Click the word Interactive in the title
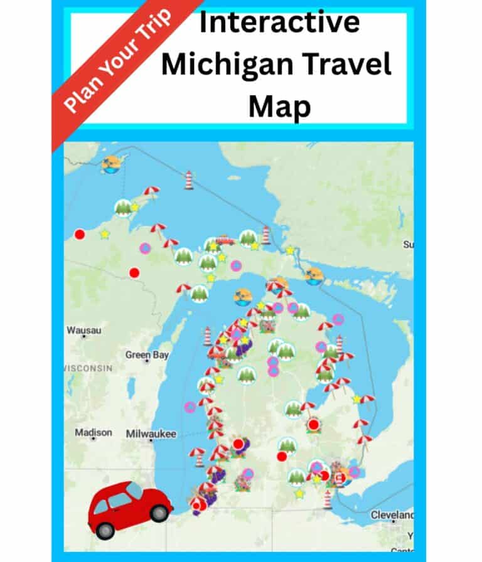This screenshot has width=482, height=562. (279, 23)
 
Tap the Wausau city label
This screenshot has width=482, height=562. (84, 330)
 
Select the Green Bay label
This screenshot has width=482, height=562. (147, 355)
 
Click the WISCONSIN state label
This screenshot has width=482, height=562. (88, 368)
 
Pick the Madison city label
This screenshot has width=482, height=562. (94, 432)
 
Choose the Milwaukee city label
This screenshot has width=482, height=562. (151, 433)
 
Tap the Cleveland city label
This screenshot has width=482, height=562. (392, 514)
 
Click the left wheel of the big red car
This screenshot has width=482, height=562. (105, 531)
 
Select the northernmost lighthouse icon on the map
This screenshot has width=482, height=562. (188, 179)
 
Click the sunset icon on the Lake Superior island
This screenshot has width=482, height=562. (112, 164)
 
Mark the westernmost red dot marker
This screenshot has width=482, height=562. (80, 235)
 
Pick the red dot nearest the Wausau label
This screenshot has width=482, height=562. (134, 273)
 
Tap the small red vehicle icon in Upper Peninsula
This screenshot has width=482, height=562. (225, 239)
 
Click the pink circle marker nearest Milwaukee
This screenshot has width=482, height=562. (190, 406)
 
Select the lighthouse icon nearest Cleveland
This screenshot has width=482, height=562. (328, 499)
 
